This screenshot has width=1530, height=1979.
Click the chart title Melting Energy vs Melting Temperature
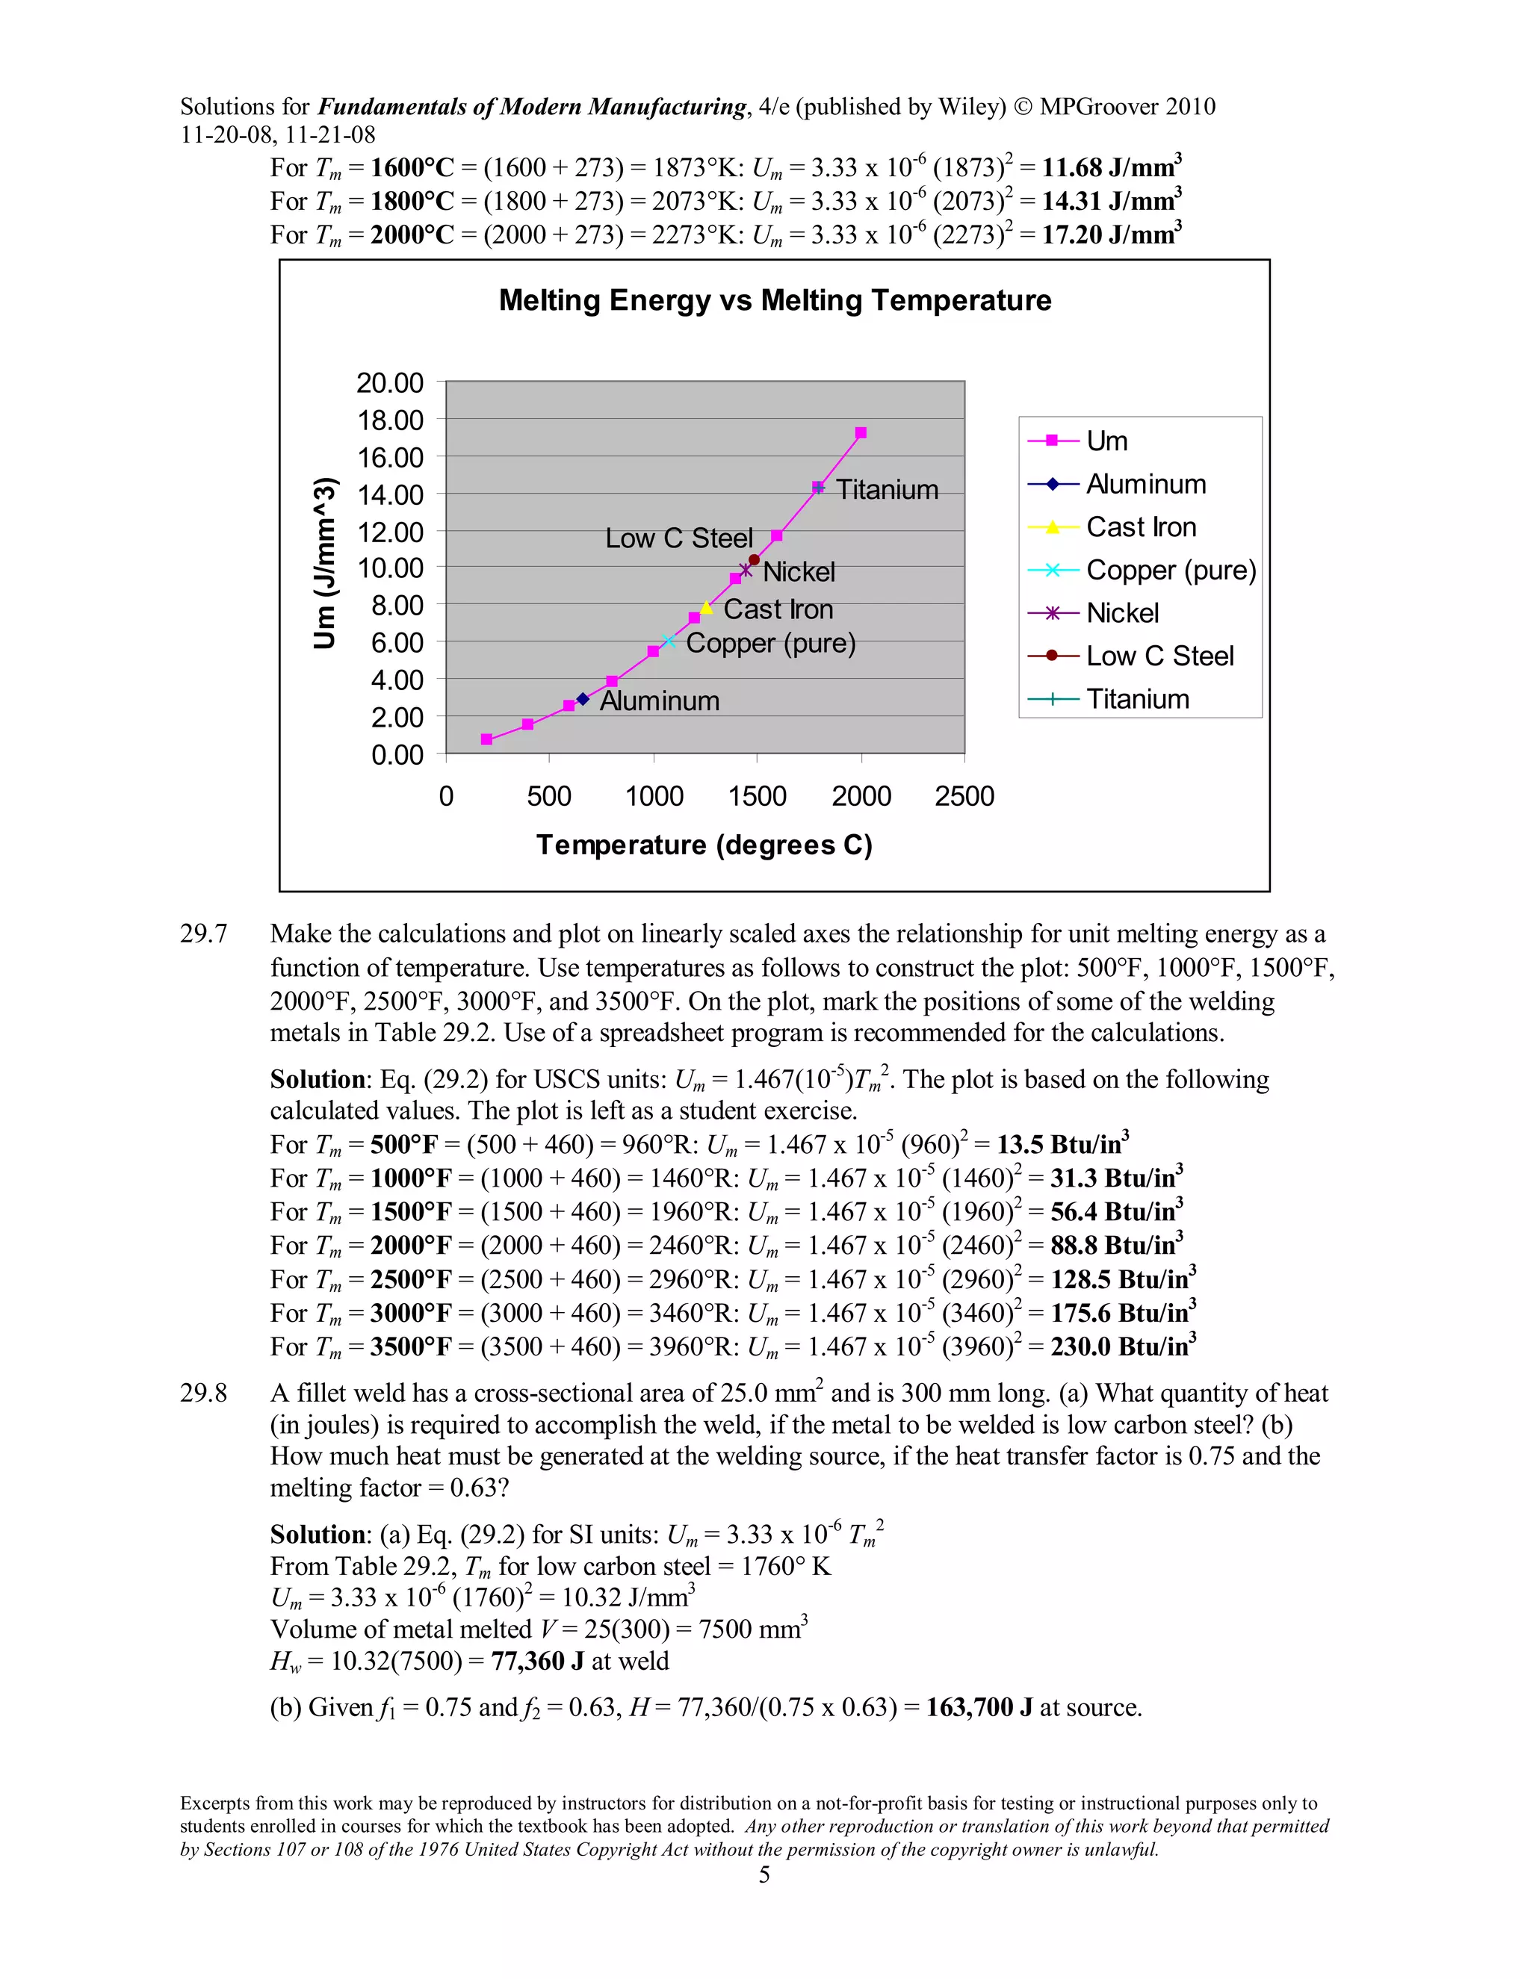(775, 300)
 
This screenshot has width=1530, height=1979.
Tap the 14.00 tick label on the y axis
(390, 494)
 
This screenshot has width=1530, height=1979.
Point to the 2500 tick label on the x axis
(964, 797)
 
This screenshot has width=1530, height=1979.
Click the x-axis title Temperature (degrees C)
(704, 845)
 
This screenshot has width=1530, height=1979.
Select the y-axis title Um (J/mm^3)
(324, 563)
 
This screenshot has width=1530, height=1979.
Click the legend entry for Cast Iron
(1142, 527)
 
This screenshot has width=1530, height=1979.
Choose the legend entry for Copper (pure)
(1170, 570)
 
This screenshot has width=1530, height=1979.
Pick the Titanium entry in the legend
(1138, 699)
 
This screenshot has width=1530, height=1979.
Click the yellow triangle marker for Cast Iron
(707, 607)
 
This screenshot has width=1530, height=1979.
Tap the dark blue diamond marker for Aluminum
(583, 699)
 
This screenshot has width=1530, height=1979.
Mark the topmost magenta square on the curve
(860, 433)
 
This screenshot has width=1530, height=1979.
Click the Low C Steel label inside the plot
(679, 538)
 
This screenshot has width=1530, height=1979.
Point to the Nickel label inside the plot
(799, 572)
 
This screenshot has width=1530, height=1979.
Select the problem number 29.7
(203, 933)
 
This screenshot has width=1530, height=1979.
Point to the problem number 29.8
(203, 1393)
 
